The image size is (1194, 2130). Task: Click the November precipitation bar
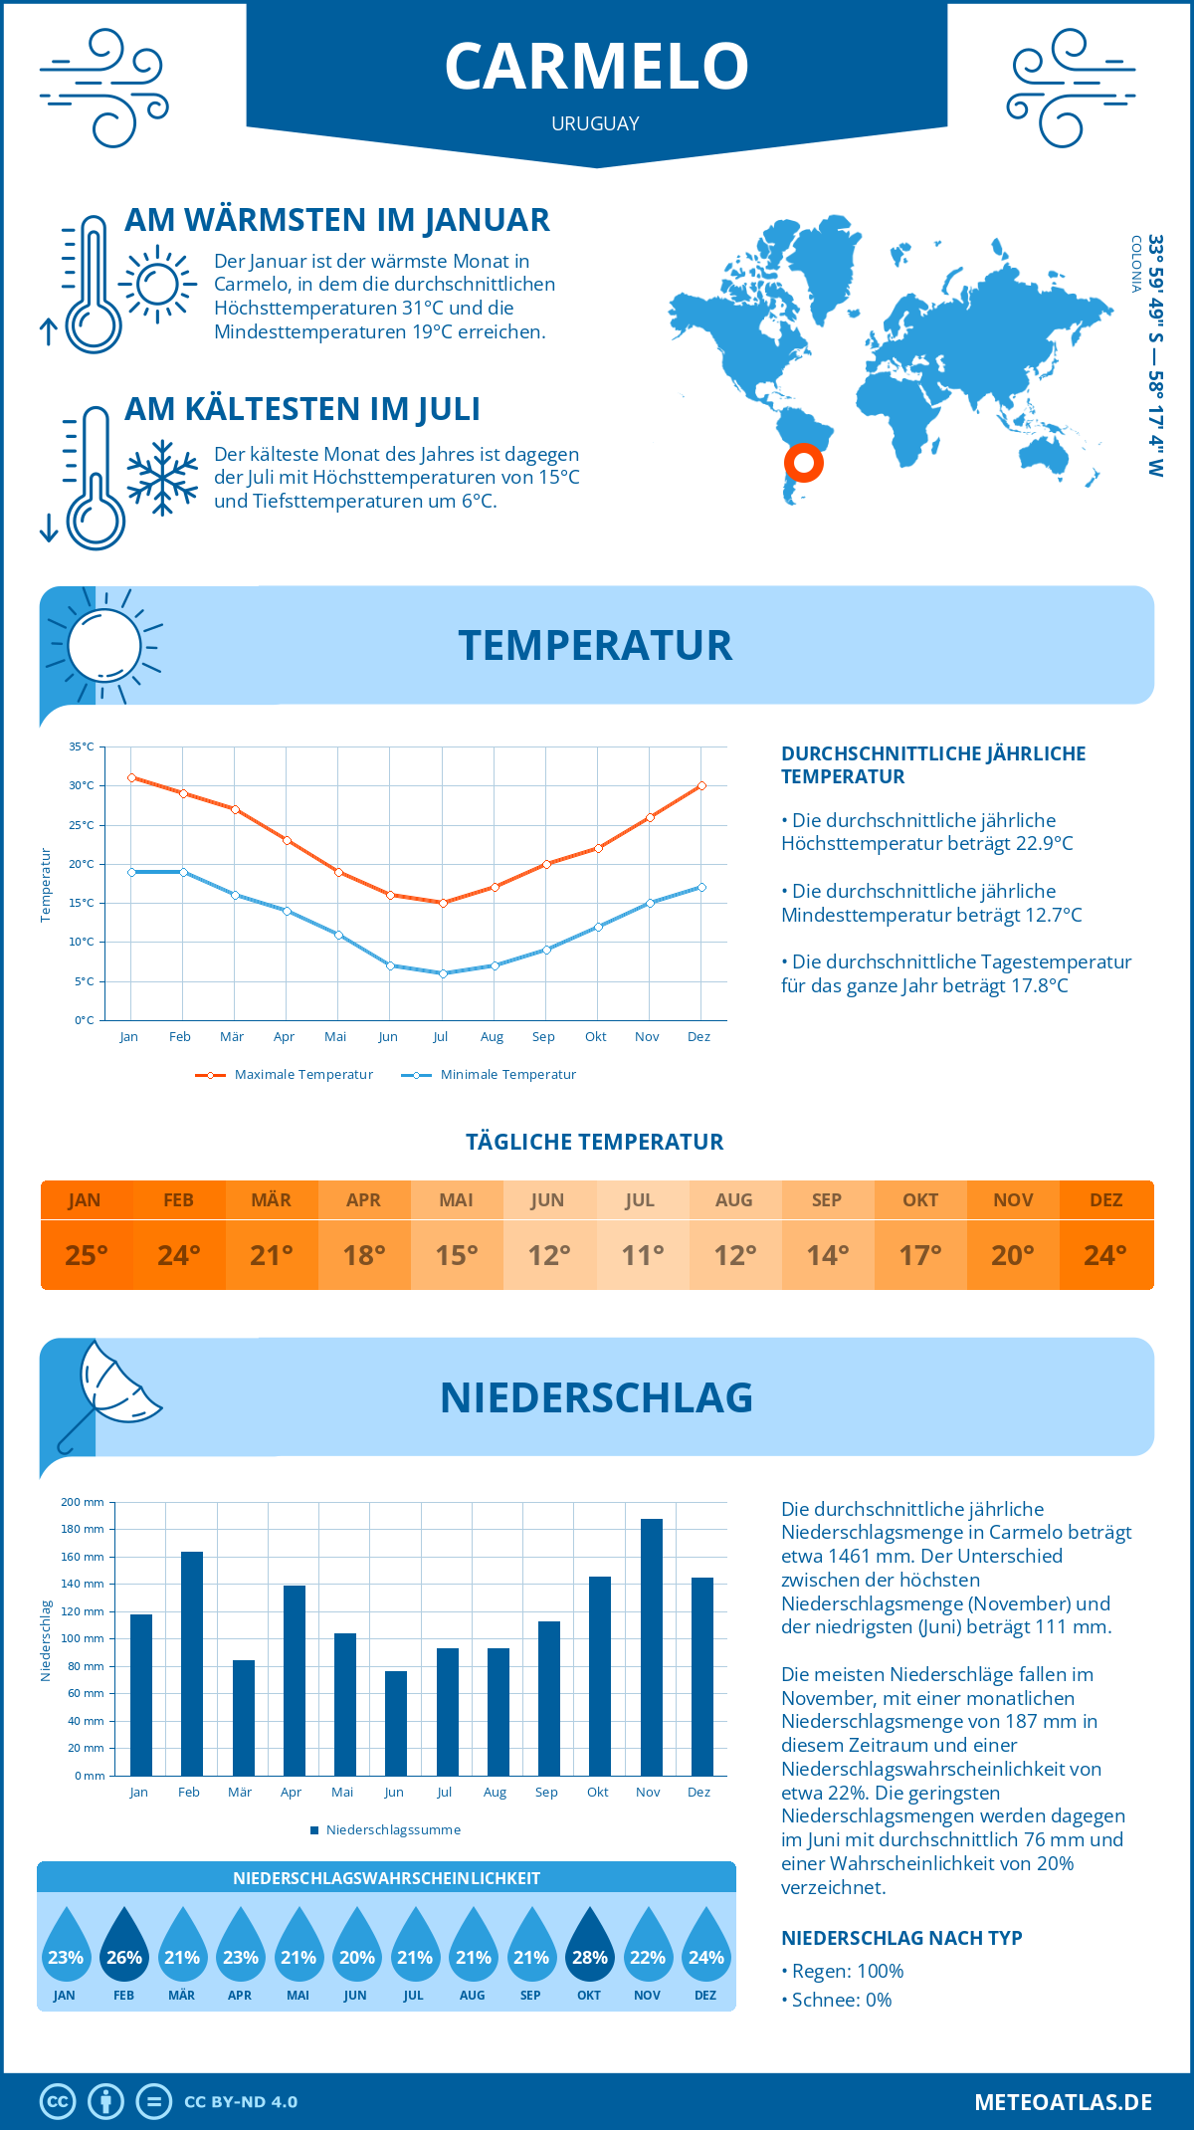pyautogui.click(x=651, y=1647)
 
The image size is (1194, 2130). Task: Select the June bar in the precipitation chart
pyautogui.click(x=396, y=1723)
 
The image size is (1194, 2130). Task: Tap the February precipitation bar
pyautogui.click(x=192, y=1663)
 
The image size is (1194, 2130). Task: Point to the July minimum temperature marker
pyautogui.click(x=443, y=973)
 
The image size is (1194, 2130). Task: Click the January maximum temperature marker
pyautogui.click(x=131, y=777)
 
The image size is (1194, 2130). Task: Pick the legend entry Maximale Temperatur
pyautogui.click(x=285, y=1075)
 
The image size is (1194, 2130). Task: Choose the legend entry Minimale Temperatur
pyautogui.click(x=490, y=1075)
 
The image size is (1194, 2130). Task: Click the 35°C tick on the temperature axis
pyautogui.click(x=82, y=746)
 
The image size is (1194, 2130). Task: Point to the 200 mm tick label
pyautogui.click(x=83, y=1502)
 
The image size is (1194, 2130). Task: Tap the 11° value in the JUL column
pyautogui.click(x=642, y=1255)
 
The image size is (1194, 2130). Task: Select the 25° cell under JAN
pyautogui.click(x=86, y=1255)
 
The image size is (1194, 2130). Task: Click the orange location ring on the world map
pyautogui.click(x=803, y=462)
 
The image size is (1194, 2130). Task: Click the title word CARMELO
pyautogui.click(x=596, y=67)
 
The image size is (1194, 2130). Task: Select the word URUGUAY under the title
pyautogui.click(x=595, y=123)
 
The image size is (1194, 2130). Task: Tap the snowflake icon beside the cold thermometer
pyautogui.click(x=162, y=478)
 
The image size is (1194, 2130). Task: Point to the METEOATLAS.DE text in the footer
pyautogui.click(x=1063, y=2102)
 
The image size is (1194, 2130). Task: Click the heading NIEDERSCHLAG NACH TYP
pyautogui.click(x=901, y=1938)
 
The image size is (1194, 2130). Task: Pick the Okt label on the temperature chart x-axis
pyautogui.click(x=595, y=1037)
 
